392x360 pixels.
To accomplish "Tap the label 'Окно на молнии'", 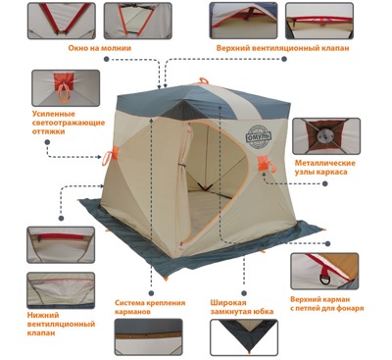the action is coord(100,48).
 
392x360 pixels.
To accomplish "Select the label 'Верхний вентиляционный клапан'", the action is coord(282,48).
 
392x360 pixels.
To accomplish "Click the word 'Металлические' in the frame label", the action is coord(325,163).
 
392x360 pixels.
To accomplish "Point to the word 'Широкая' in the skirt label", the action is coord(228,303).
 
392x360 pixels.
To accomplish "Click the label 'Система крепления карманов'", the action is coord(150,307).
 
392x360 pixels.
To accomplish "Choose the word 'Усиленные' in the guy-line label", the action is coord(54,114).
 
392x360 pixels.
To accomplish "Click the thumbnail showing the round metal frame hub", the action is coord(326,136).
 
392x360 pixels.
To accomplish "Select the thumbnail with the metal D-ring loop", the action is coord(324,271).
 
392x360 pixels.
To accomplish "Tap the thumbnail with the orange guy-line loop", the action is coord(66,88).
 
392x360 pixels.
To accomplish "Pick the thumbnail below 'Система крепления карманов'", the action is coord(149,336).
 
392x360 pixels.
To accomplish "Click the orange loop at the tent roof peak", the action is coord(203,80).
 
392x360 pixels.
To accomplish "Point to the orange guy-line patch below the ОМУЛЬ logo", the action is coord(263,163).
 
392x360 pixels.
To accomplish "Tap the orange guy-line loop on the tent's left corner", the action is coord(110,156).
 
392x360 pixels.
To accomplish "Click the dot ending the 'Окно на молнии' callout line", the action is coord(106,59).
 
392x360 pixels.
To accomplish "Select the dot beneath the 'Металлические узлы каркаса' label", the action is coord(324,183).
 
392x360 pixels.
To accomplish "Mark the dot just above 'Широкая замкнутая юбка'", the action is coord(244,293).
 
